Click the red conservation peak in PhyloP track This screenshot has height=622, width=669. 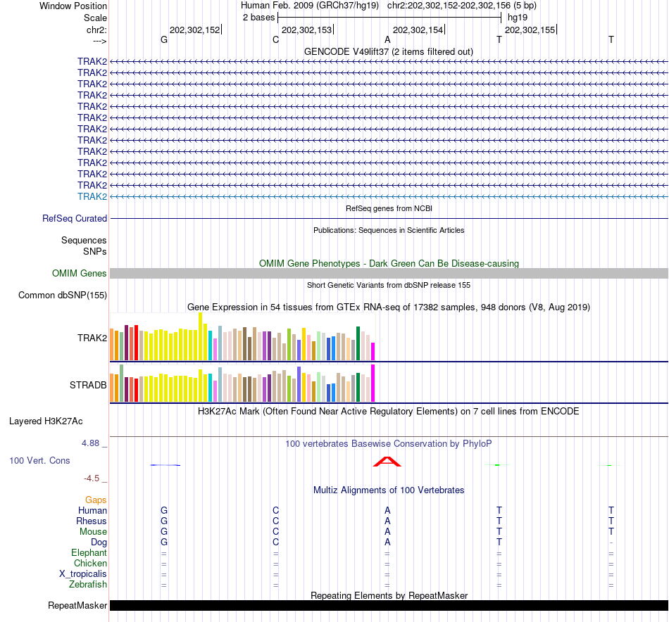(x=387, y=462)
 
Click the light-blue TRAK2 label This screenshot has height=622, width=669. (x=92, y=196)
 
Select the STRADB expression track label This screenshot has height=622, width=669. (x=88, y=386)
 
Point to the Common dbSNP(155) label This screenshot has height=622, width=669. (x=63, y=296)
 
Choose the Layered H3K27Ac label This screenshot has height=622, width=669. (x=46, y=421)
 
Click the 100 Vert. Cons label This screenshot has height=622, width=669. (x=39, y=460)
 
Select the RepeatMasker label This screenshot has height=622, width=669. (x=77, y=606)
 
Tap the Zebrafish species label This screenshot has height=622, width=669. (x=88, y=585)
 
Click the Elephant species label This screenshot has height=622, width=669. (x=89, y=553)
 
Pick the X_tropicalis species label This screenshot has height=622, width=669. (x=83, y=574)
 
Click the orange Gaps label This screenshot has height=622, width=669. (x=96, y=500)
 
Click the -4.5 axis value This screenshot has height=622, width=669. (x=93, y=478)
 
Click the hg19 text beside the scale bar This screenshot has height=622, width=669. (x=518, y=16)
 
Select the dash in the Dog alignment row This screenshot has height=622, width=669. (x=611, y=542)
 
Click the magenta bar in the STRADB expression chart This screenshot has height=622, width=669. (x=373, y=383)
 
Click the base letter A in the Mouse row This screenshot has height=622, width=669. (x=387, y=532)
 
